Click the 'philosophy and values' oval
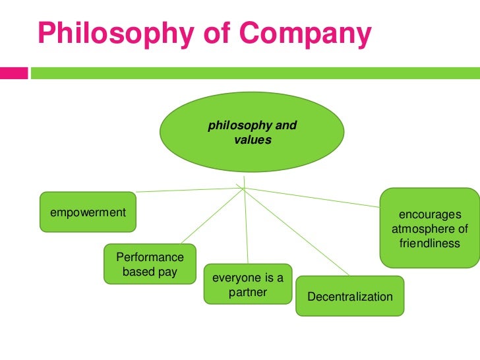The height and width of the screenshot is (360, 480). tap(252, 132)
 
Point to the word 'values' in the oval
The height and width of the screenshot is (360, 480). tap(253, 140)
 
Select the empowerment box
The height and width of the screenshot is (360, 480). tap(88, 212)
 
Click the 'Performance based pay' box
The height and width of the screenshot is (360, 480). tap(150, 264)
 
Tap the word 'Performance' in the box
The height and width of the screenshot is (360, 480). tap(150, 257)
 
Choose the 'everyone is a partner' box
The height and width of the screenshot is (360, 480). tap(248, 285)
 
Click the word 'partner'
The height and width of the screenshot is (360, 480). tap(248, 293)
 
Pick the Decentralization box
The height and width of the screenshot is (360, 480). tap(350, 297)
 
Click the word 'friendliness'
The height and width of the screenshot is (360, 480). tap(429, 244)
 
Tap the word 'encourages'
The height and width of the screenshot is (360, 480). tap(429, 215)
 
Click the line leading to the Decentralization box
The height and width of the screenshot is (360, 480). tap(297, 233)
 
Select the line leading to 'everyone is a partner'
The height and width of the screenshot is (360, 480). tap(247, 224)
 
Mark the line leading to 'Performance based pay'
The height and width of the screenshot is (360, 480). tap(211, 216)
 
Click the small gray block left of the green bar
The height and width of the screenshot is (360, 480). tap(14, 72)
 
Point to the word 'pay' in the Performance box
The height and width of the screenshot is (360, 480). tap(167, 272)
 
